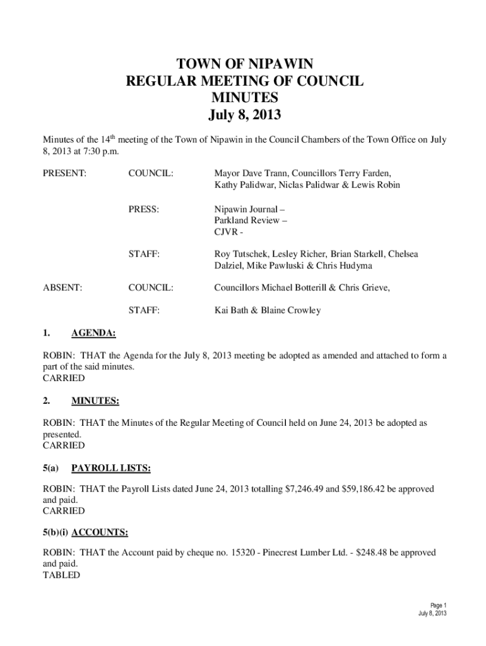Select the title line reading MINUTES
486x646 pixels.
(243, 98)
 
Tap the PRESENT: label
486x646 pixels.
(64, 172)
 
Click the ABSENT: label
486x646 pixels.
(62, 288)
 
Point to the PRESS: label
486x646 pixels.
(143, 207)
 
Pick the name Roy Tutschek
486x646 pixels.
(242, 254)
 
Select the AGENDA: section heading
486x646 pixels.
(93, 332)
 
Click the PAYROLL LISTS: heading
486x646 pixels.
(110, 468)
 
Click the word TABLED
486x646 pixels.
(61, 575)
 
